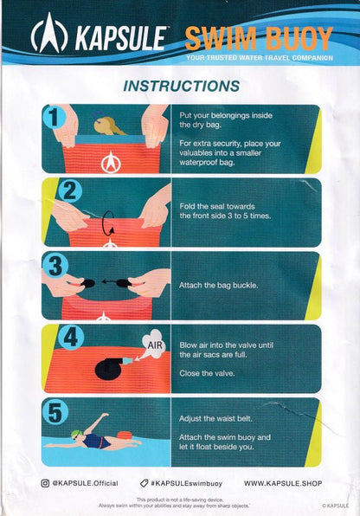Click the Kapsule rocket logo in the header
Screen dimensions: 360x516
49,33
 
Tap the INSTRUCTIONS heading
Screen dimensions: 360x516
182,86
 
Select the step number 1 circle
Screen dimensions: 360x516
54,118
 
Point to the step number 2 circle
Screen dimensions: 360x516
69,190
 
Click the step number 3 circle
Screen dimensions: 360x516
55,265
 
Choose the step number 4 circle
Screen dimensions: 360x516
71,337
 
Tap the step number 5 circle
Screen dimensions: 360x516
55,413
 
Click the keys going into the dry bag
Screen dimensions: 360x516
107,124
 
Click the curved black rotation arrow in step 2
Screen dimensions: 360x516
108,223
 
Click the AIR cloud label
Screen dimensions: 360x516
154,345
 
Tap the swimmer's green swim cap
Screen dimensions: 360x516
75,434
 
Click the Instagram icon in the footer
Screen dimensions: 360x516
45,483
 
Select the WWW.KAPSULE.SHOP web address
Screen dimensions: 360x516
283,483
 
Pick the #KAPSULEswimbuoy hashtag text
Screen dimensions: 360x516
187,483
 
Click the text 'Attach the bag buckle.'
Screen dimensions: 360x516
218,285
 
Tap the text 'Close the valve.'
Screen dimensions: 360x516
207,373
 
